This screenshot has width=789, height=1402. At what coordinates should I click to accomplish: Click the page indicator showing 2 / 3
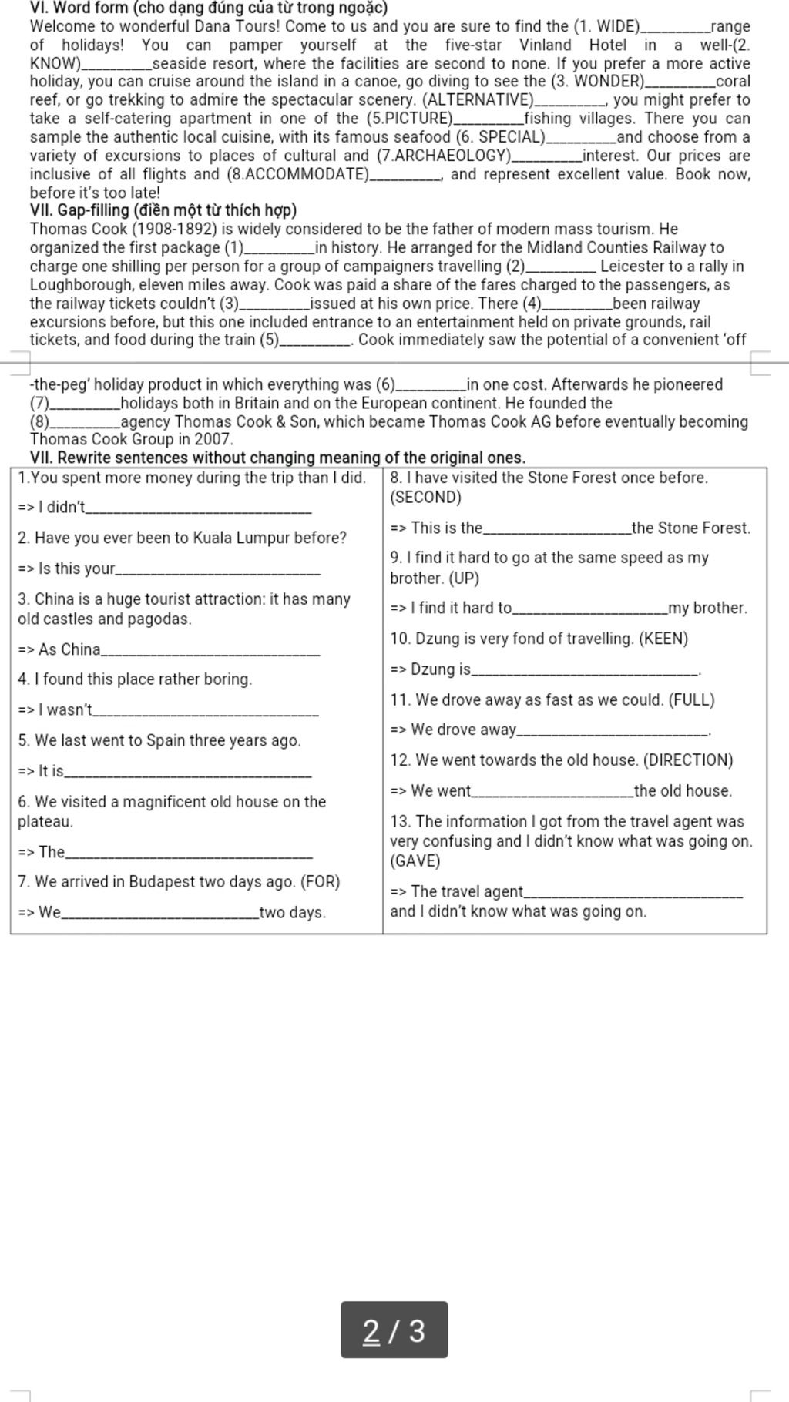pos(394,1330)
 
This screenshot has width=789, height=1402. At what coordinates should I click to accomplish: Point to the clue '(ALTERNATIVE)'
pos(478,100)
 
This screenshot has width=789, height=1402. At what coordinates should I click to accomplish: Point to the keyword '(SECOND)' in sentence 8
pos(425,498)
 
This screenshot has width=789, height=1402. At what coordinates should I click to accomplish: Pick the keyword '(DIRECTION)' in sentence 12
pos(688,760)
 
